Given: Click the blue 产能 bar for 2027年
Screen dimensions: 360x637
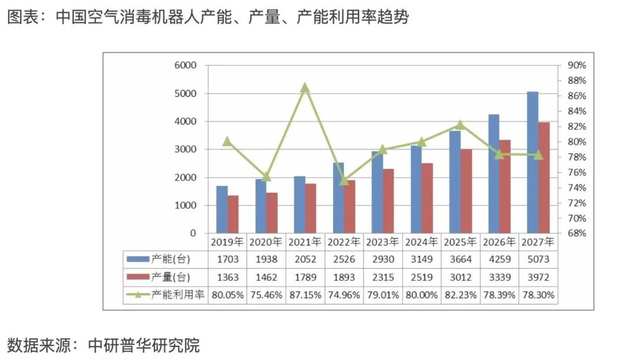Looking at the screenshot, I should (x=533, y=162).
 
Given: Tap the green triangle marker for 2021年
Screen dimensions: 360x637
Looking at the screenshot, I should (x=304, y=88).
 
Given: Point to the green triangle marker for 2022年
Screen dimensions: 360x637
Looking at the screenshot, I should (x=344, y=181).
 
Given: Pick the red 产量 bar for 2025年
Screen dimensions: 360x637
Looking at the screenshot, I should (x=466, y=191).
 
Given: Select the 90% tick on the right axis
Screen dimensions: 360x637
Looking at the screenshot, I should (x=576, y=66).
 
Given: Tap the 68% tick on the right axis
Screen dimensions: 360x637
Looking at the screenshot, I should (x=576, y=234).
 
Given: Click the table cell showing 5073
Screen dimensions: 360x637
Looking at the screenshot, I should (x=537, y=258).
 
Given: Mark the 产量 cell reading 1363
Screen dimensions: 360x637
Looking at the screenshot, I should (x=227, y=277).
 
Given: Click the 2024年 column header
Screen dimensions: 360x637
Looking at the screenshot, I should (x=421, y=241).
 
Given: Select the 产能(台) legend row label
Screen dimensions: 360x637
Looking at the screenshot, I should (x=171, y=258).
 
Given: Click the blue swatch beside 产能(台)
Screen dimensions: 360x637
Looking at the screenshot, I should (x=138, y=258).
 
